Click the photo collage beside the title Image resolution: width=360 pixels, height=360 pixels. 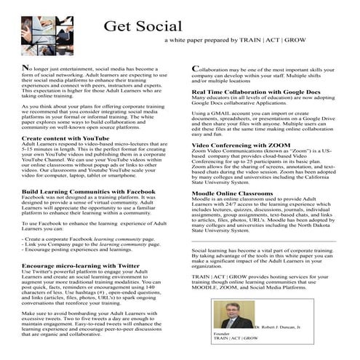tap(44, 28)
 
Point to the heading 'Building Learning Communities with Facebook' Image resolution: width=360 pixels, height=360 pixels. tap(79, 193)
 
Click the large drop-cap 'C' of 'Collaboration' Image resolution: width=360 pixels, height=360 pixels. tap(196, 69)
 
